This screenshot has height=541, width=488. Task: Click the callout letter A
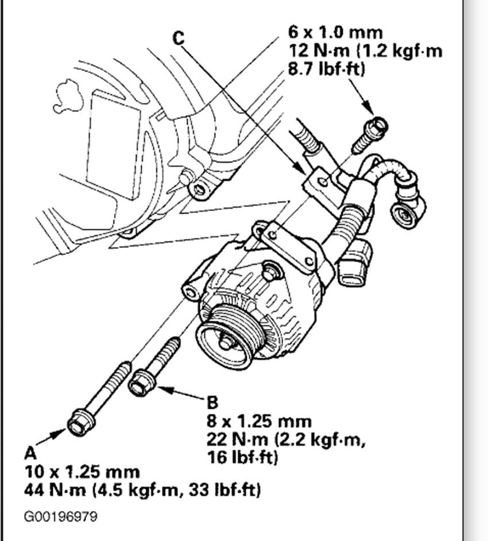click(x=30, y=453)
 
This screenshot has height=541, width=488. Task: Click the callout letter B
click(x=213, y=402)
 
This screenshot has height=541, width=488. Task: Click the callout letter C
click(x=179, y=39)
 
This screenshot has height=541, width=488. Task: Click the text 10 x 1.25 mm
click(x=82, y=472)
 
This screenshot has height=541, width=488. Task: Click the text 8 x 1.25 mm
click(x=259, y=421)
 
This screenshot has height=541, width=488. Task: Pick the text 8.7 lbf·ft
click(x=327, y=68)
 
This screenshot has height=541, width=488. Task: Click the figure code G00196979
click(x=61, y=516)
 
